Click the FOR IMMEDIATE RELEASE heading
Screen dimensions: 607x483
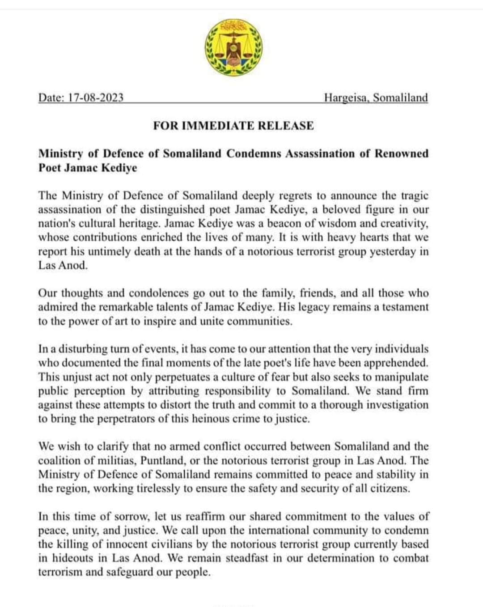pos(233,125)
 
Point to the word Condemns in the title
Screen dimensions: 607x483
pos(253,153)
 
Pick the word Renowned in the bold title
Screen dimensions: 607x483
pos(401,153)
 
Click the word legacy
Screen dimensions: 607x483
pos(315,307)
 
